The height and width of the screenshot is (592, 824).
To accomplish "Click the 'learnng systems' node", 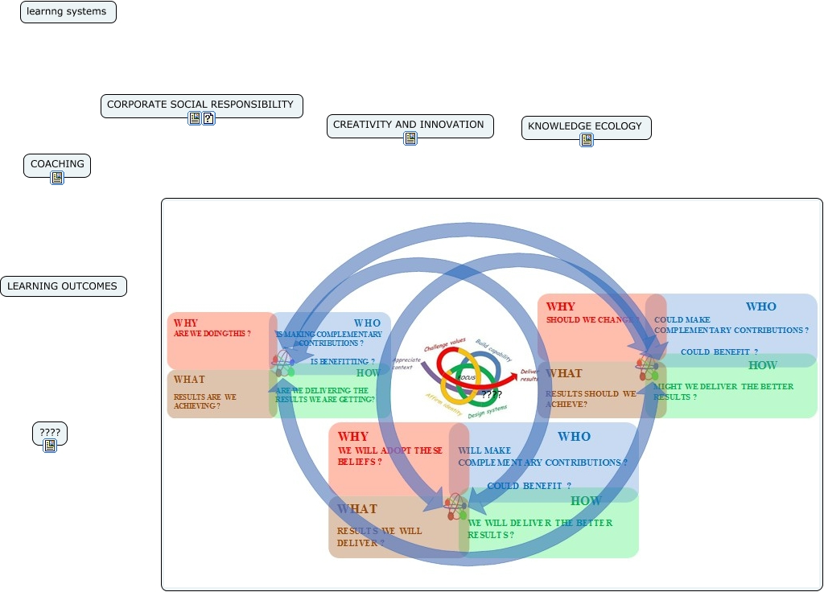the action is coord(68,12).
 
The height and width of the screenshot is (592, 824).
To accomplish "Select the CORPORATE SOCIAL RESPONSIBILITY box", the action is coord(201,105).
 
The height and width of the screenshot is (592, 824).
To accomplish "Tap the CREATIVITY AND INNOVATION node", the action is coord(410,125).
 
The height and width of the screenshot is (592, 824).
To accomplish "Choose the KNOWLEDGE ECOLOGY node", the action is coord(586,127).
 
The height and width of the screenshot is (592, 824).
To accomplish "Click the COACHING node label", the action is coord(57,165).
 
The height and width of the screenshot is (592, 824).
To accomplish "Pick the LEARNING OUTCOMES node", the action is coord(63,286).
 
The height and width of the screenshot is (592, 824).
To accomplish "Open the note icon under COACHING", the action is coord(57,178).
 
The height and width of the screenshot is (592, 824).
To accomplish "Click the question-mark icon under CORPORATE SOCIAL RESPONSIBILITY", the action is coord(208,118).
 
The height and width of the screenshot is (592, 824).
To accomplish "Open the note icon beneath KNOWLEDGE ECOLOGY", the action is coord(587,140).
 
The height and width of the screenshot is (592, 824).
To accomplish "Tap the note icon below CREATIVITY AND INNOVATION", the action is coord(410,138).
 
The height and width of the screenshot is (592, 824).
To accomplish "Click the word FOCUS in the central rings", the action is coord(466,377).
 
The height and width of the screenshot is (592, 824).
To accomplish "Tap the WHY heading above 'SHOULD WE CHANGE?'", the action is coord(561,307).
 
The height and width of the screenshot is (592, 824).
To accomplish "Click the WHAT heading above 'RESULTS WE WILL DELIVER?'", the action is coord(357,509).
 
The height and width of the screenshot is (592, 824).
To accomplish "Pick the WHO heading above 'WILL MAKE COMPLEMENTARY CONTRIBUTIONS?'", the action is coord(575,437).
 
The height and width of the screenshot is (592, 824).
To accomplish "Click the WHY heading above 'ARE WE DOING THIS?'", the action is coord(186,323).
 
